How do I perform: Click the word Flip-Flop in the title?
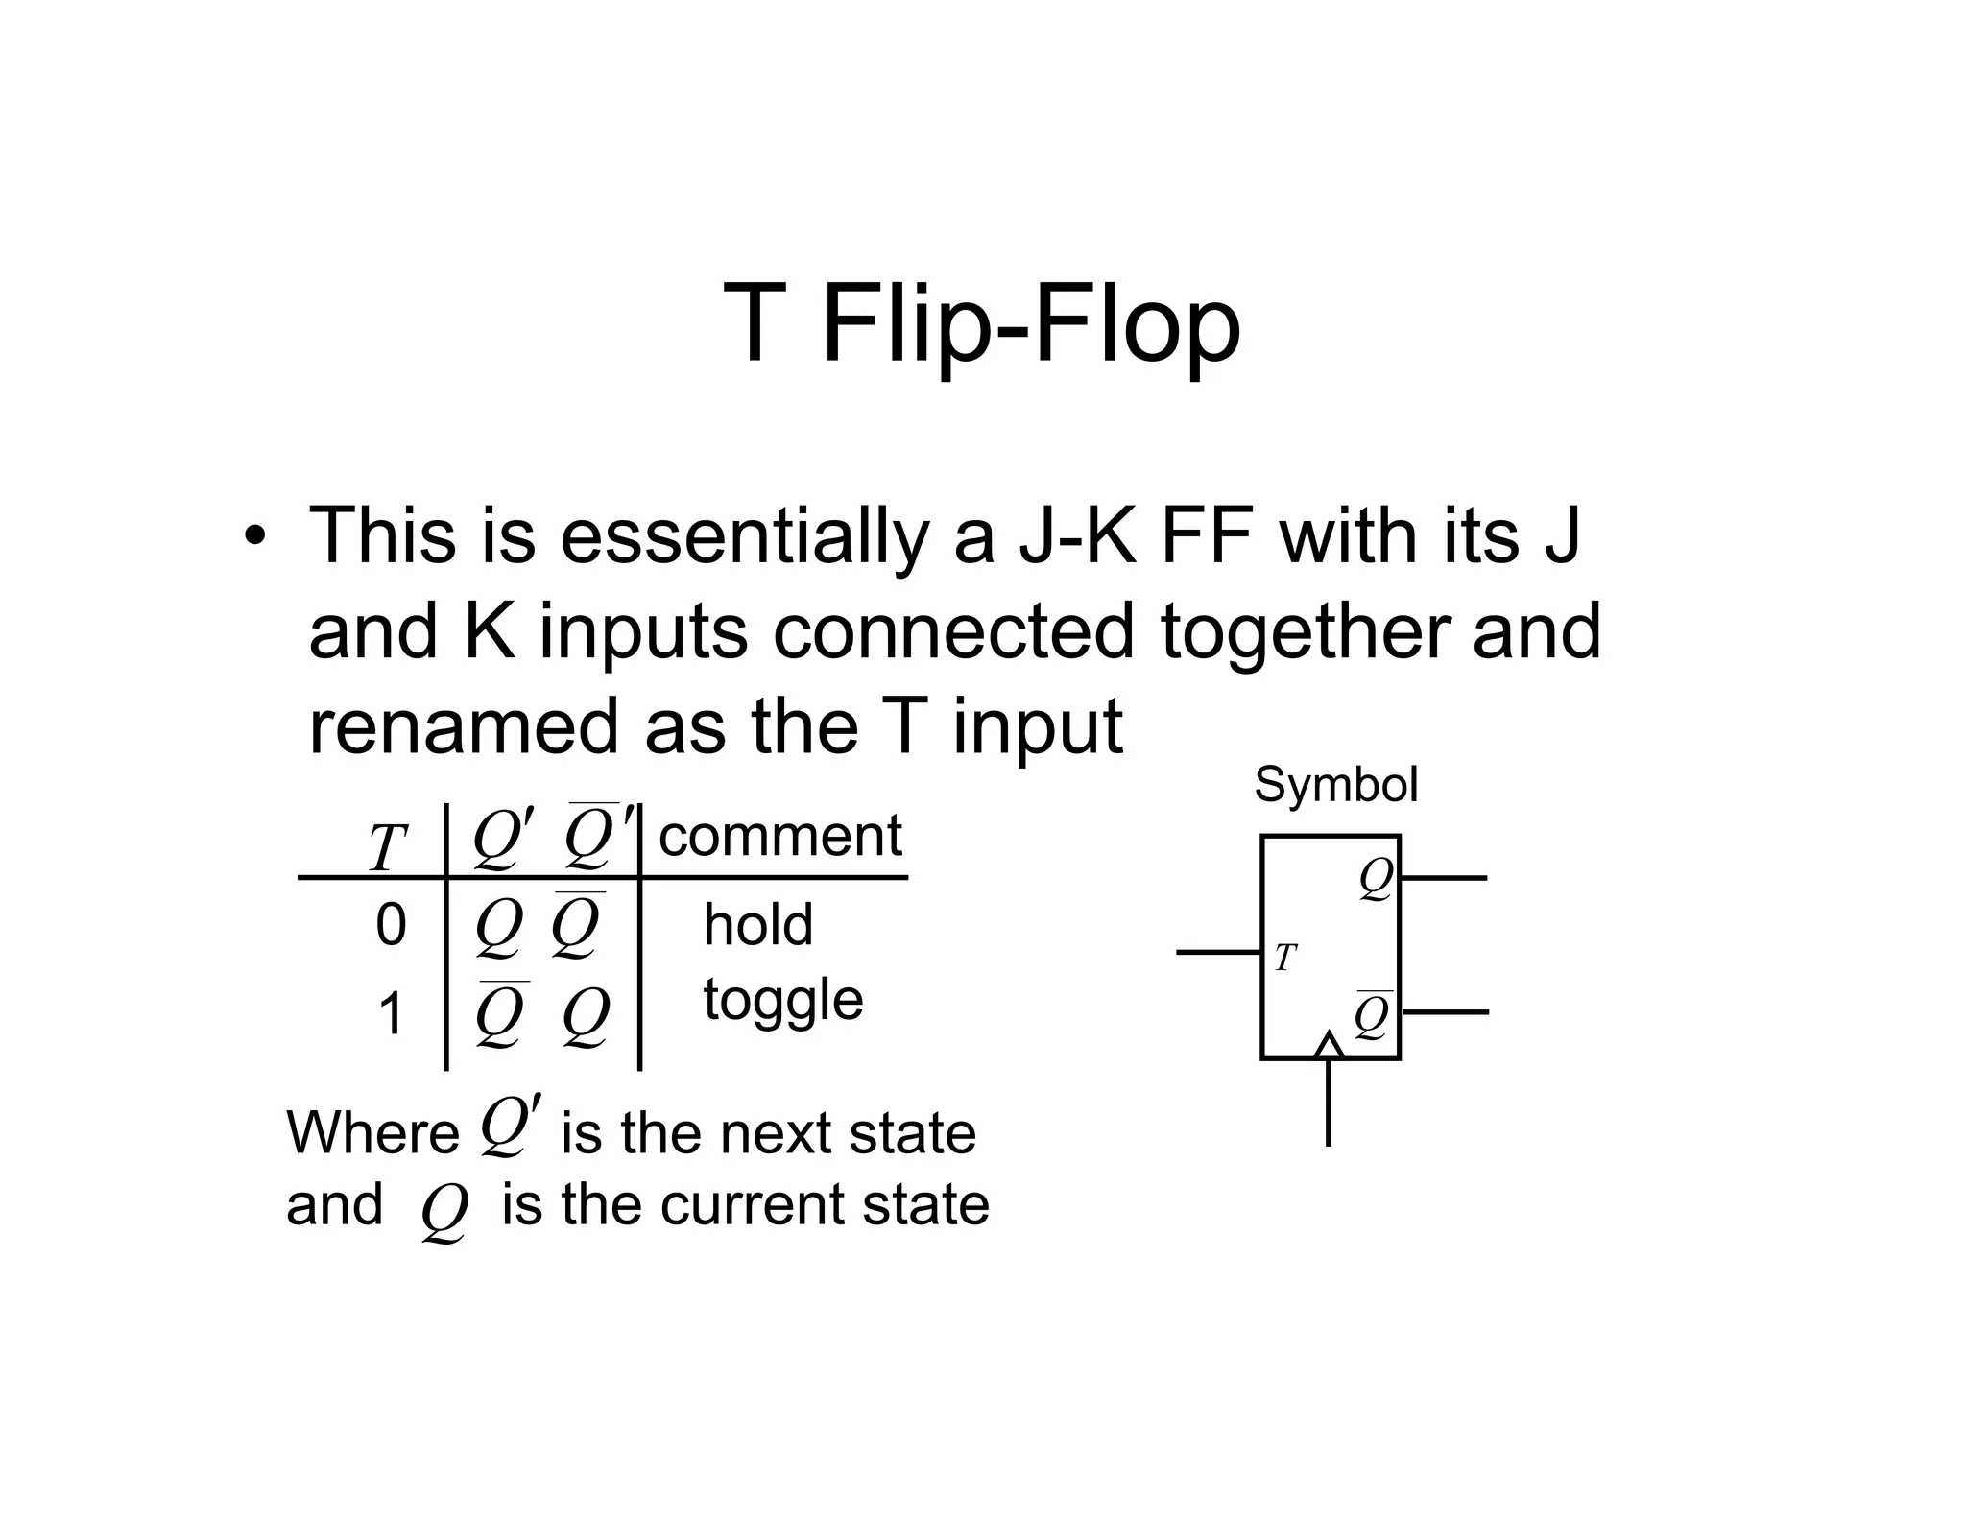pyautogui.click(x=1031, y=324)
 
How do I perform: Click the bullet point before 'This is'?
pyautogui.click(x=253, y=537)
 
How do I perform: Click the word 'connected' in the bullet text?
pyautogui.click(x=953, y=631)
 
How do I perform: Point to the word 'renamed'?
pyautogui.click(x=464, y=726)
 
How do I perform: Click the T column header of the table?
pyautogui.click(x=388, y=848)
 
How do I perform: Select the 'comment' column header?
pyautogui.click(x=779, y=836)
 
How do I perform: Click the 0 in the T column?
pyautogui.click(x=391, y=925)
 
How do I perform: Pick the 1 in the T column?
pyautogui.click(x=391, y=1014)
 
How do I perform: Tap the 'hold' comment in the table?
pyautogui.click(x=757, y=925)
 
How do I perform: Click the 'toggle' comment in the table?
pyautogui.click(x=783, y=1000)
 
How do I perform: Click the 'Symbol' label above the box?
pyautogui.click(x=1335, y=785)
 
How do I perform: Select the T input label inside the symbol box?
pyautogui.click(x=1285, y=958)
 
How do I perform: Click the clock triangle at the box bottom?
pyautogui.click(x=1329, y=1047)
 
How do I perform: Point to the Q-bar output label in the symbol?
pyautogui.click(x=1373, y=1017)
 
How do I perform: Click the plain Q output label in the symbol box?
pyautogui.click(x=1376, y=879)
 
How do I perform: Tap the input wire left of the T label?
pyautogui.click(x=1217, y=953)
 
